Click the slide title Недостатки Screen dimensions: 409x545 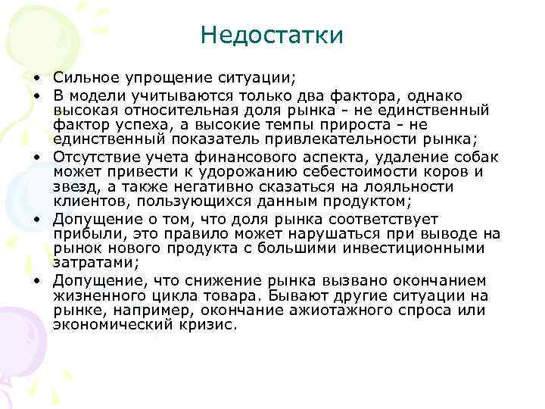point(272,35)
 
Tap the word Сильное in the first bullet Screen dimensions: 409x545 point(82,78)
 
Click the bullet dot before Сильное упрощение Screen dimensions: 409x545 point(36,79)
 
